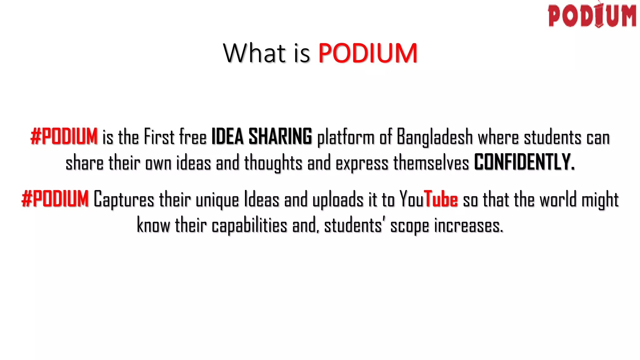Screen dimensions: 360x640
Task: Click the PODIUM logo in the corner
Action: (592, 16)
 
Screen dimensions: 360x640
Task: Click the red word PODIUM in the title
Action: (368, 53)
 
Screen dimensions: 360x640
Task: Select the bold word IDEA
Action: (227, 137)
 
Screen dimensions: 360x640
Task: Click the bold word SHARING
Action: (280, 137)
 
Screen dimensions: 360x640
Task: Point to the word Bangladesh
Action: (435, 137)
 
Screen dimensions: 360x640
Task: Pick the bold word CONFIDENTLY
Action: (524, 162)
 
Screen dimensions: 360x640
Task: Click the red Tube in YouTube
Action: (441, 199)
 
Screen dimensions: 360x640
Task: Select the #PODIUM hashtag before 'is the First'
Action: (64, 137)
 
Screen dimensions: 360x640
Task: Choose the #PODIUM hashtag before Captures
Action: (55, 199)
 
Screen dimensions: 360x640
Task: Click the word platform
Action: (346, 137)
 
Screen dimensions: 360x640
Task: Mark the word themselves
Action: (431, 163)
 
